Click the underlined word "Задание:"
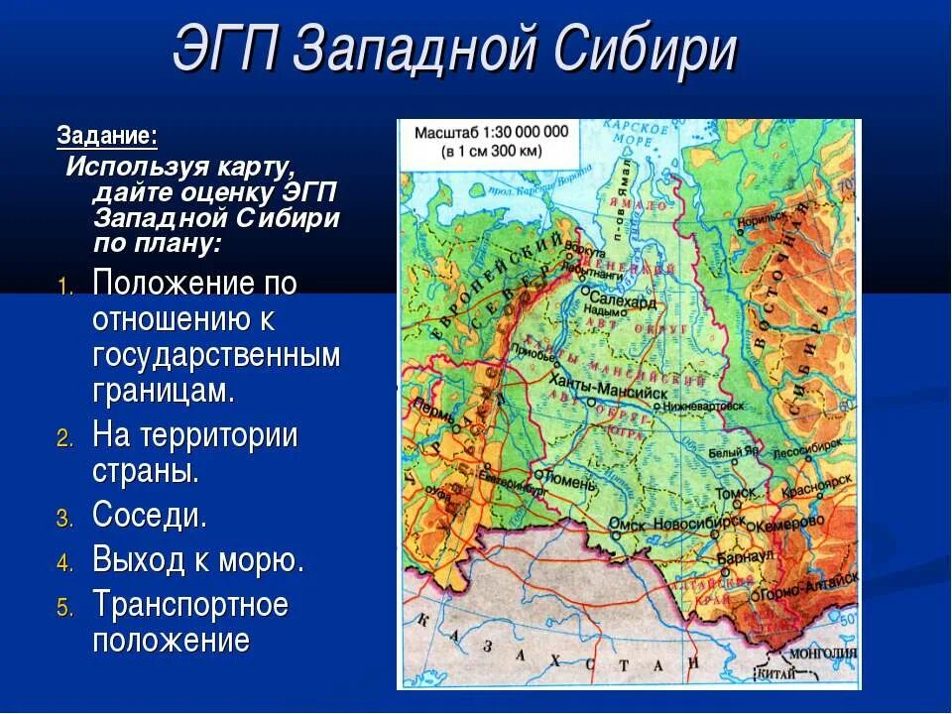tap(107, 135)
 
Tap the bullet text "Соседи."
tap(150, 516)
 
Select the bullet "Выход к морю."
tap(198, 560)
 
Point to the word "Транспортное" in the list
tap(190, 605)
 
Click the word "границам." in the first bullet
tap(164, 390)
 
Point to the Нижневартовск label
tap(705, 406)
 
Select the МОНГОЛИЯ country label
tap(822, 653)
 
